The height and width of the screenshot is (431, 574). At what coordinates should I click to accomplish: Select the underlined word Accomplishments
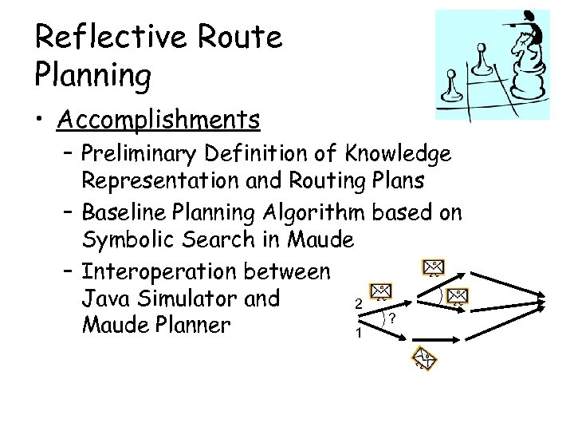click(x=159, y=120)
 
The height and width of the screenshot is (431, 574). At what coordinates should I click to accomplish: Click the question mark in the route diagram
click(x=393, y=318)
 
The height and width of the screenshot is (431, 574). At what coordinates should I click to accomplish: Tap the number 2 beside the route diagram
click(x=359, y=304)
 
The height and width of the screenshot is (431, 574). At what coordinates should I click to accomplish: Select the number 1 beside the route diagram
click(x=359, y=333)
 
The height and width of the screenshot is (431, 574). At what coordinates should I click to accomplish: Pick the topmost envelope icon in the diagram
click(x=433, y=267)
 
